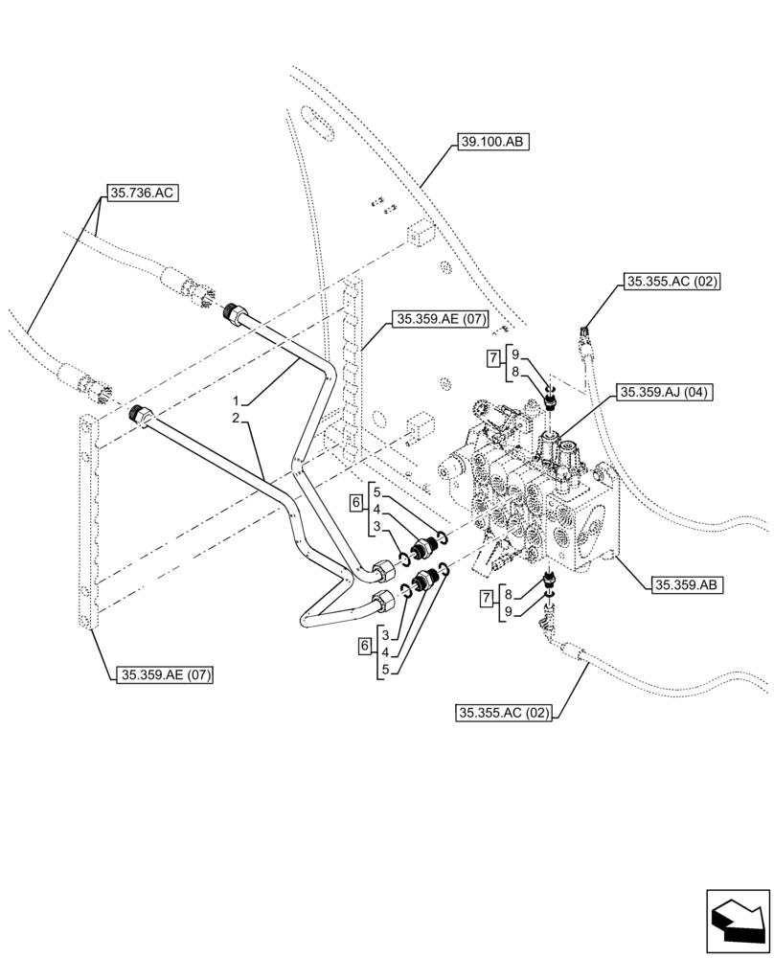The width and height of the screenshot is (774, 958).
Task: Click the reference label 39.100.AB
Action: (x=492, y=142)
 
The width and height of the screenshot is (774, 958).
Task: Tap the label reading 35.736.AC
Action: (x=142, y=194)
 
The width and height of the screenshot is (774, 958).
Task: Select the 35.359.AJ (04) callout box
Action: (x=661, y=392)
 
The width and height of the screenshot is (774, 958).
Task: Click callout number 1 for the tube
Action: (x=233, y=399)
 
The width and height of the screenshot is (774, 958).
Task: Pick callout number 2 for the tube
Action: (x=233, y=418)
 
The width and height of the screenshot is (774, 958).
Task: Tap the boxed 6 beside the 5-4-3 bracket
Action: (x=355, y=501)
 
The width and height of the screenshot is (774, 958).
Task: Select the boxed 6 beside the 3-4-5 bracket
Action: (x=364, y=647)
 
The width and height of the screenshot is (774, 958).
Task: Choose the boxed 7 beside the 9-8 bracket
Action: (x=492, y=359)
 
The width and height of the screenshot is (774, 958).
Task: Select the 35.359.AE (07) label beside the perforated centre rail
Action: (x=439, y=318)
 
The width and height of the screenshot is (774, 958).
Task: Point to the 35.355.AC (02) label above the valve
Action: (x=671, y=282)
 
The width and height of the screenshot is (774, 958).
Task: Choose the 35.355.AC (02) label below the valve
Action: (x=506, y=712)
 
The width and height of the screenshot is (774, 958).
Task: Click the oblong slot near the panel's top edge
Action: (x=313, y=121)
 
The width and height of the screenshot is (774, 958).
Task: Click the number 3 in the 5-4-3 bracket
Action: (x=378, y=526)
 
